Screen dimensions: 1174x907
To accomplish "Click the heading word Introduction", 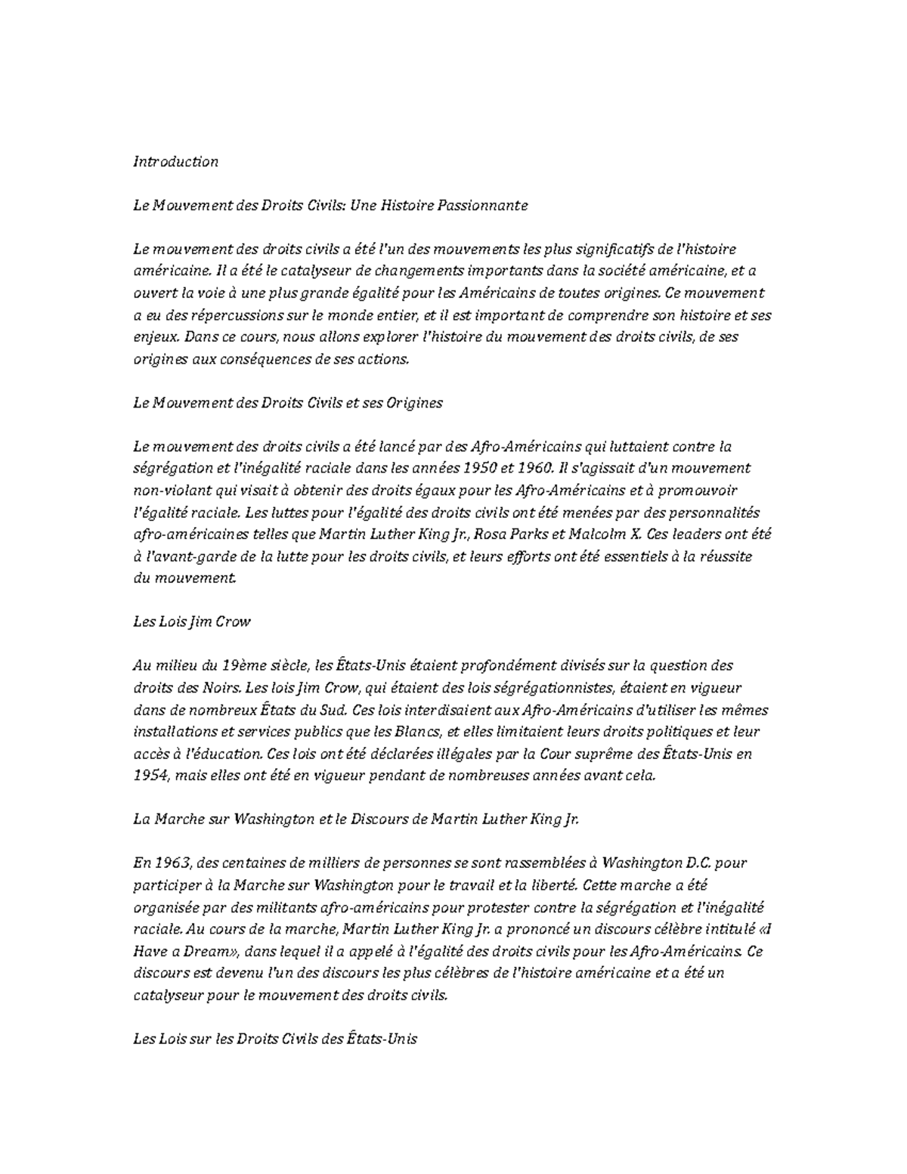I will (175, 161).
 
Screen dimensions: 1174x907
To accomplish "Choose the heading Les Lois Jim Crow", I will (191, 622).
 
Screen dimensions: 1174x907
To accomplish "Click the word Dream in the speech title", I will (212, 951).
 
